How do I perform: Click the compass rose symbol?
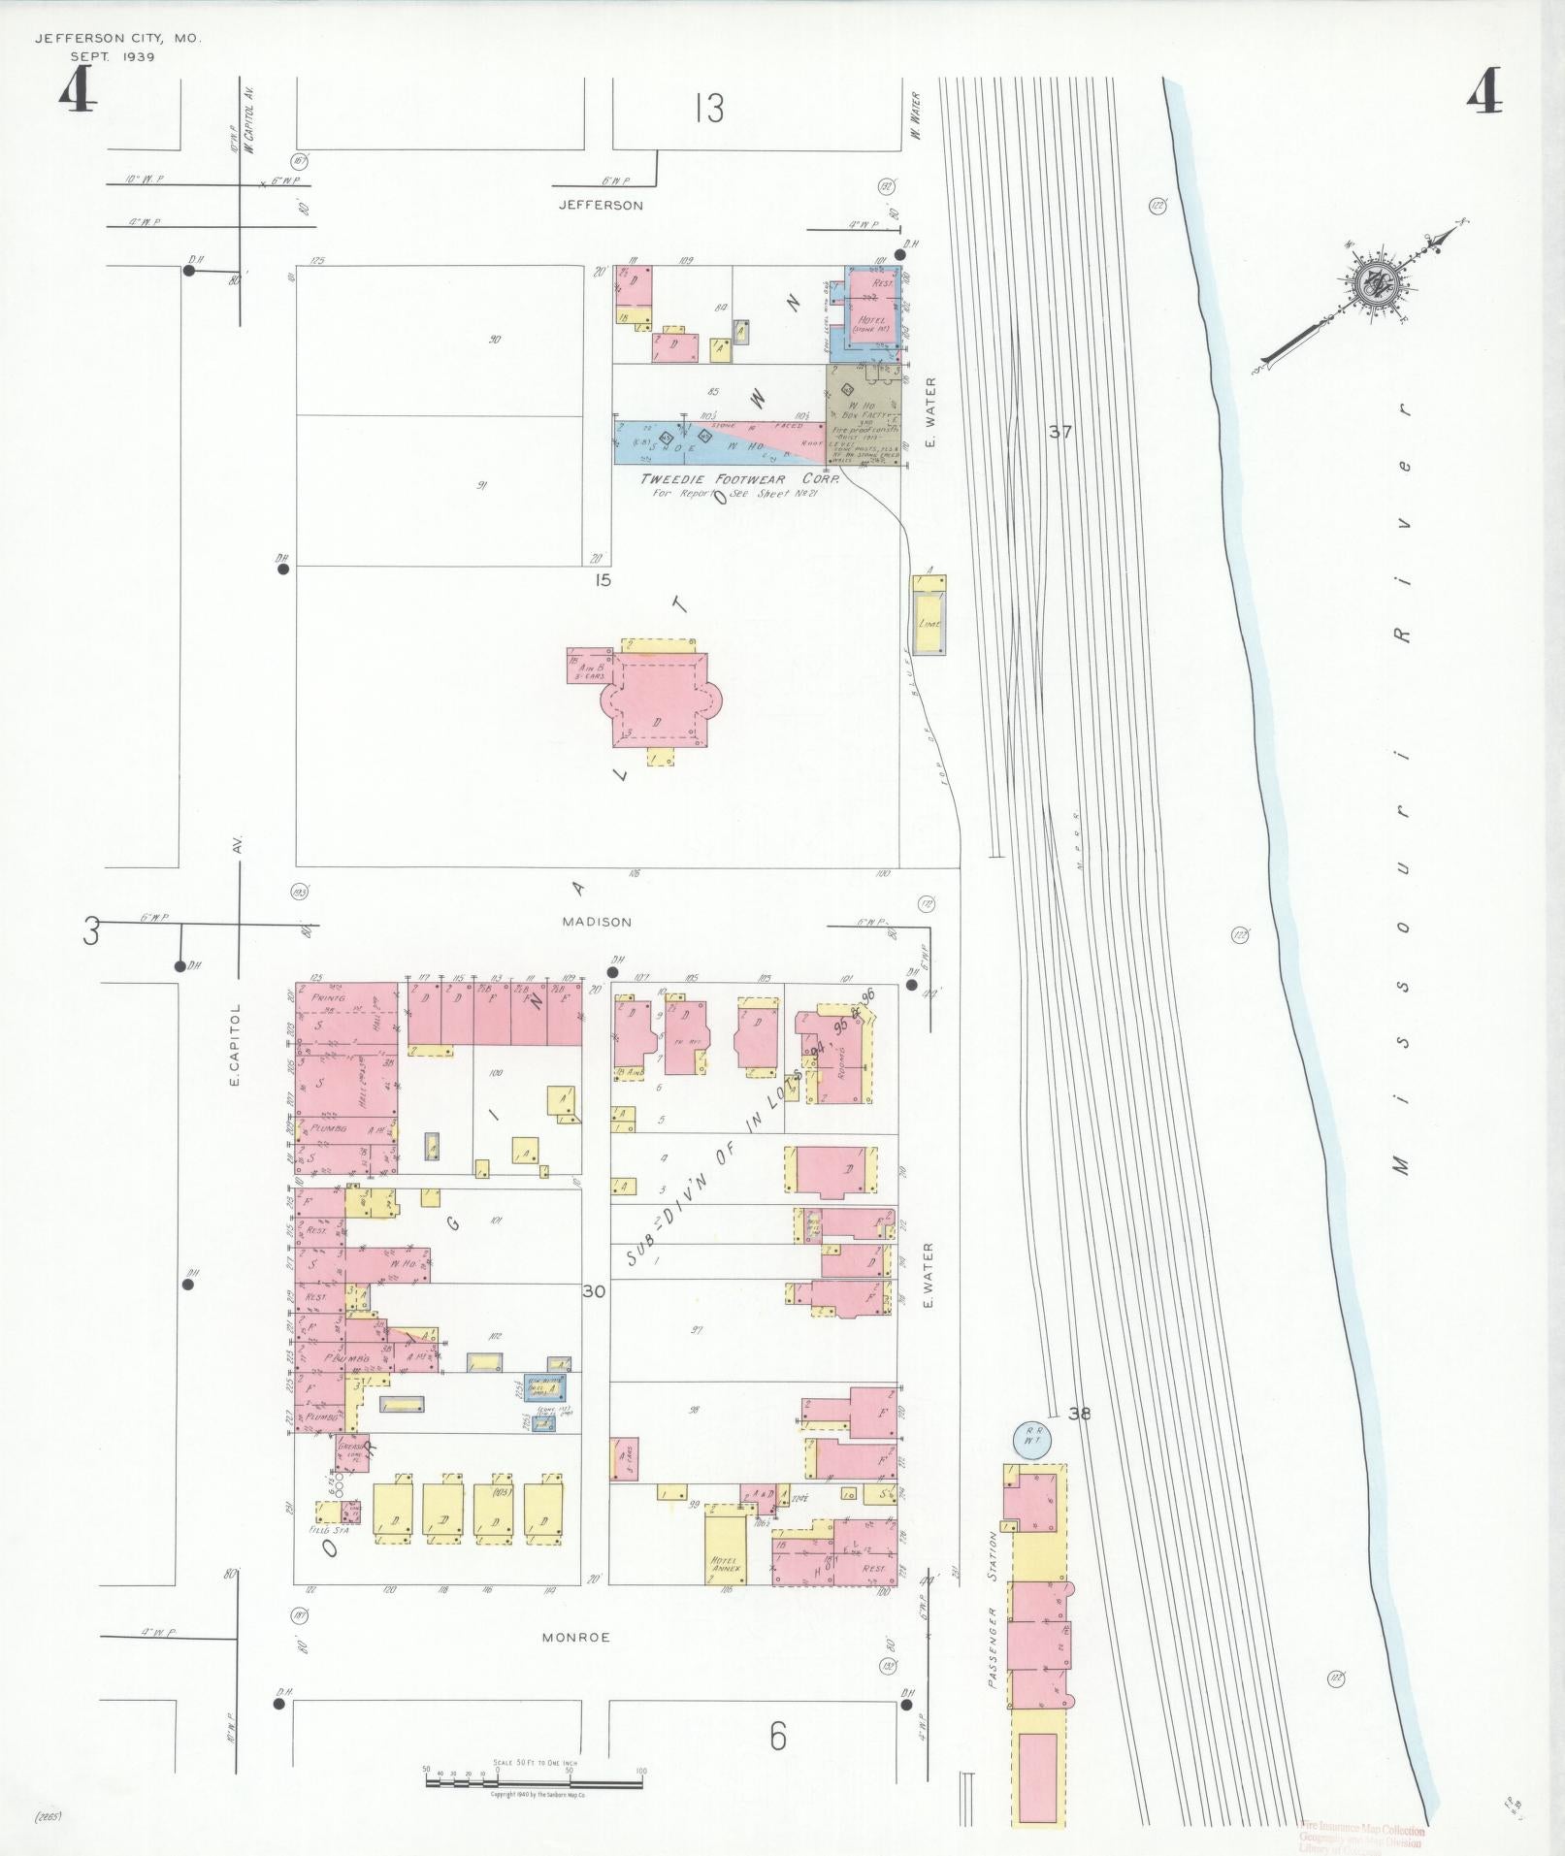[x=1379, y=282]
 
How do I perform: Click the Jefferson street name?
[x=601, y=206]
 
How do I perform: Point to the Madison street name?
[x=597, y=922]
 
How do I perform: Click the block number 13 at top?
[x=709, y=108]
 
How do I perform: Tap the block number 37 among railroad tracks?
[x=1060, y=432]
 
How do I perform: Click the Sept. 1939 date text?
[x=113, y=56]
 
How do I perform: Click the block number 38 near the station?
[x=1079, y=1414]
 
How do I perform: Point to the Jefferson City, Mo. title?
[x=117, y=39]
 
